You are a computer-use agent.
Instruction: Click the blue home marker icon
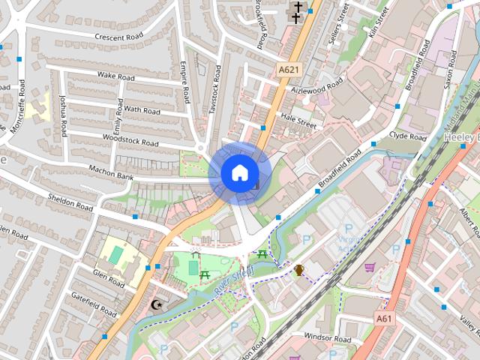[x=239, y=173]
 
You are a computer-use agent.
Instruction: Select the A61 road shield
[x=384, y=319]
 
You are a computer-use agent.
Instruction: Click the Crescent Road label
[x=119, y=37]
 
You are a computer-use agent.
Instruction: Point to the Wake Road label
[x=116, y=76]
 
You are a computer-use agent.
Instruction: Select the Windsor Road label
[x=327, y=340]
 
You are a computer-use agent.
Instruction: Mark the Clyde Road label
[x=408, y=136]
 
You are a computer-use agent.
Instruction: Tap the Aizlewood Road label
[x=319, y=85]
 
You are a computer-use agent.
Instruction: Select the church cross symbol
[x=298, y=10]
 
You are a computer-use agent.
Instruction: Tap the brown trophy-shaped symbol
[x=299, y=269]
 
